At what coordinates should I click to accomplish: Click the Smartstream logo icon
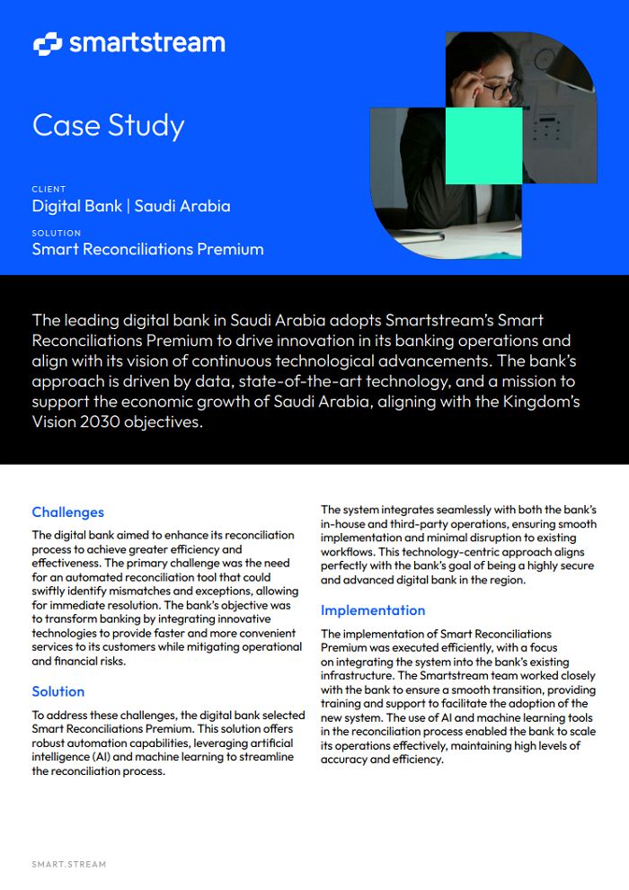(x=47, y=43)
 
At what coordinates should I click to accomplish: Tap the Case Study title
(x=108, y=125)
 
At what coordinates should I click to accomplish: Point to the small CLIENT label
(x=49, y=190)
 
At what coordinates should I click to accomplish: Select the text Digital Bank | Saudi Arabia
(x=131, y=206)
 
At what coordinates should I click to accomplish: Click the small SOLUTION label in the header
(x=57, y=233)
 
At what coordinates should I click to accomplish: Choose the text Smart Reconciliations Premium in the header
(x=148, y=249)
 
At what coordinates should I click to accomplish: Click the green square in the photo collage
(x=483, y=145)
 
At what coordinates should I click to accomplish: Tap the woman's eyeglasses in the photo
(x=501, y=89)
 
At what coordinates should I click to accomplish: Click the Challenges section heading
(x=68, y=512)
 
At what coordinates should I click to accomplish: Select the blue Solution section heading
(x=58, y=691)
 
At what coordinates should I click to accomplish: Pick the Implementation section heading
(x=373, y=610)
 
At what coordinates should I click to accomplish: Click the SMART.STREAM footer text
(x=68, y=864)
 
